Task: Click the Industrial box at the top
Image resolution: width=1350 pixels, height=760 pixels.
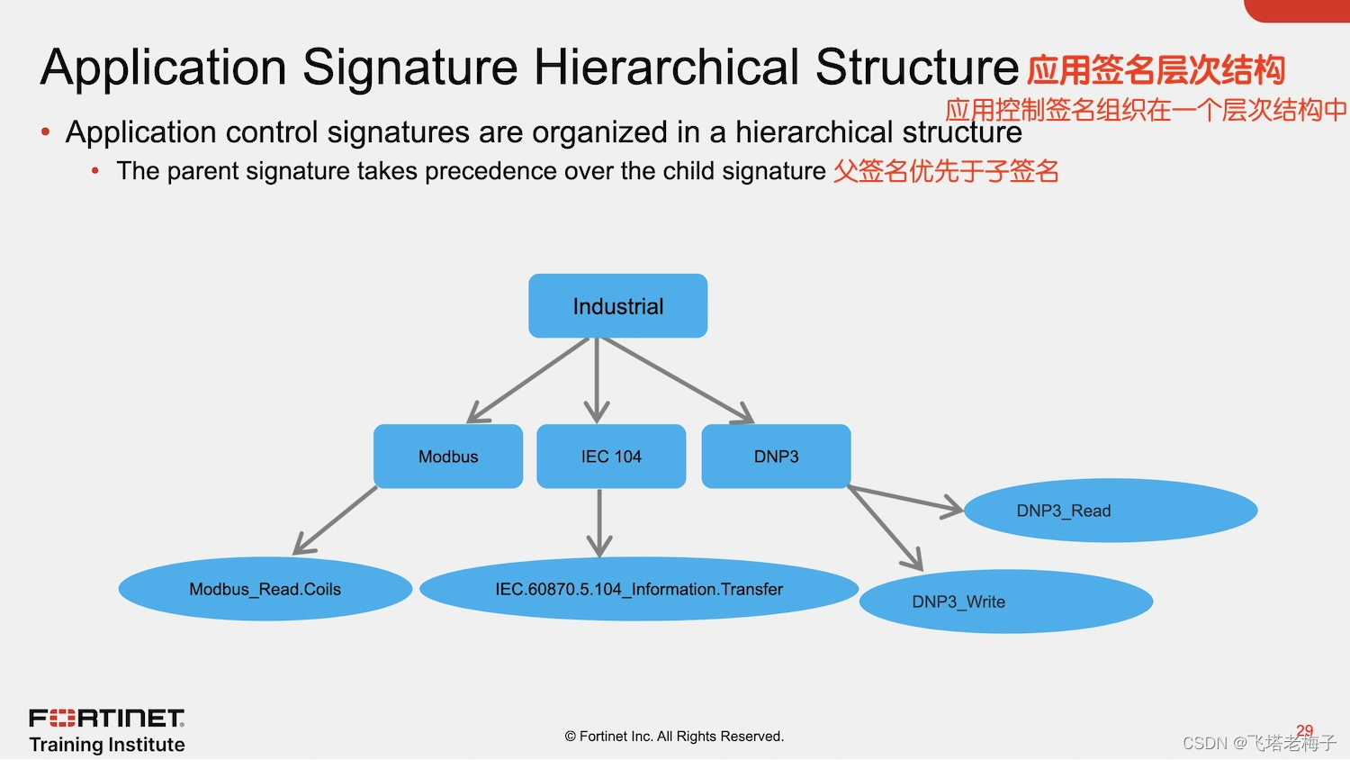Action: (617, 306)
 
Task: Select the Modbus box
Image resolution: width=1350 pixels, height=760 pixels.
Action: (448, 457)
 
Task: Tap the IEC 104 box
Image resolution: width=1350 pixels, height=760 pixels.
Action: (611, 457)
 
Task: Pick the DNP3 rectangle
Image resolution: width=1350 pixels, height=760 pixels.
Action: (776, 457)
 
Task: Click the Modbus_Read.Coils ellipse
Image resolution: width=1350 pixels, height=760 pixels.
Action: (265, 589)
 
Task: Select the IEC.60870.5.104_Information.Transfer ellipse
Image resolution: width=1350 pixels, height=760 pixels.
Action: (638, 589)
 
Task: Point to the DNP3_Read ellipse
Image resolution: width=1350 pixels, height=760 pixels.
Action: (1110, 511)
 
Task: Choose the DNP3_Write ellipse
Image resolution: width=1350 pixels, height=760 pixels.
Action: (1005, 602)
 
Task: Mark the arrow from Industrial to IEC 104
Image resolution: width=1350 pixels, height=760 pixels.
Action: (597, 378)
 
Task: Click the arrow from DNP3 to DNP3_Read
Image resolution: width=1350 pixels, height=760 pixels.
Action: (904, 498)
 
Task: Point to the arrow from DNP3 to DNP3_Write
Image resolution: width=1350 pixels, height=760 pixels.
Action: (886, 529)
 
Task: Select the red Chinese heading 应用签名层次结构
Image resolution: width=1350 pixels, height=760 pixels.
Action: (1156, 70)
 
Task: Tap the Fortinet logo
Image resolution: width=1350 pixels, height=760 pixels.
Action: (107, 718)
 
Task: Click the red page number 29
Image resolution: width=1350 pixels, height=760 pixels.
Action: (1304, 730)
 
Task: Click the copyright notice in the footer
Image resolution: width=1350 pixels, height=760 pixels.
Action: (674, 737)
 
